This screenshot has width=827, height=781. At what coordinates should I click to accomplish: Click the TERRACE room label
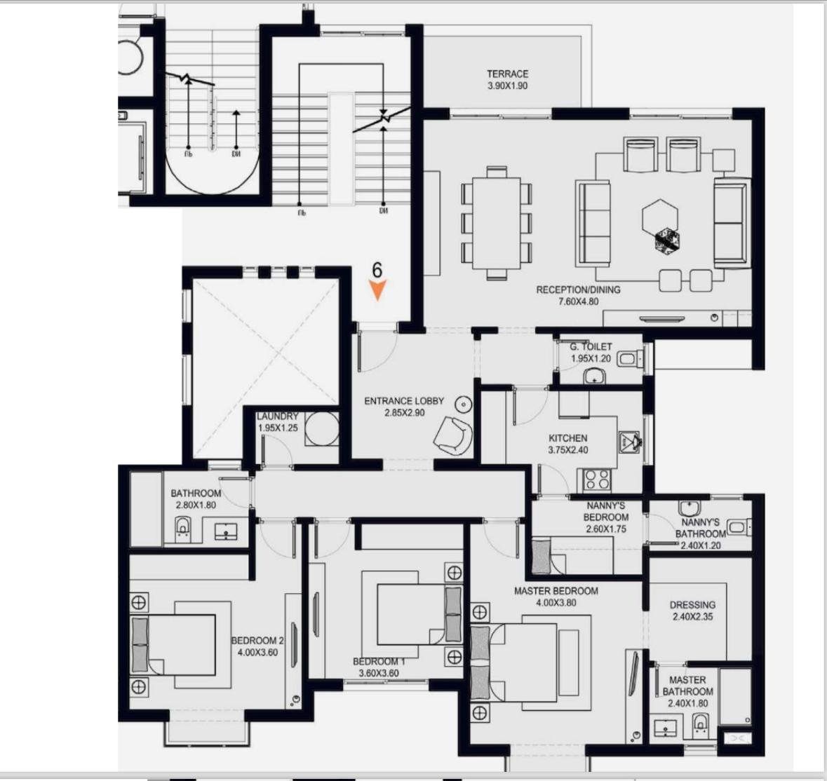pyautogui.click(x=507, y=74)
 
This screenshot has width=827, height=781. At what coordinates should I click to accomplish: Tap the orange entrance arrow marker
pyautogui.click(x=377, y=290)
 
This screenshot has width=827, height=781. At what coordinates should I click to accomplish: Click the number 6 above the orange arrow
pyautogui.click(x=377, y=271)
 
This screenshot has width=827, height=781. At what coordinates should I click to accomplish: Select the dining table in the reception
pyautogui.click(x=497, y=222)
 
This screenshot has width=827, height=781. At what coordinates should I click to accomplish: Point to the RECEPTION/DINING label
pyautogui.click(x=578, y=290)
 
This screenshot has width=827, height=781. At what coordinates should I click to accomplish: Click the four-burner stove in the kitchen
pyautogui.click(x=597, y=480)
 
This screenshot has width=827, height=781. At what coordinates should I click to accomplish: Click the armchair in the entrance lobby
pyautogui.click(x=453, y=434)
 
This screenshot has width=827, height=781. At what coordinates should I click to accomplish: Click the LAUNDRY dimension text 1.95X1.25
pyautogui.click(x=278, y=428)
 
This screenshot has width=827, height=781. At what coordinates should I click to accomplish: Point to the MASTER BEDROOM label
pyautogui.click(x=556, y=591)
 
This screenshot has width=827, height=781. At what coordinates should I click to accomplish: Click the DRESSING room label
pyautogui.click(x=692, y=604)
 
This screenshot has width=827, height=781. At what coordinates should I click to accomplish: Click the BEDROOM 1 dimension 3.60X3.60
pyautogui.click(x=379, y=673)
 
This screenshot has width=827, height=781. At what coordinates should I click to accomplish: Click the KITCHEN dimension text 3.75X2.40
pyautogui.click(x=568, y=450)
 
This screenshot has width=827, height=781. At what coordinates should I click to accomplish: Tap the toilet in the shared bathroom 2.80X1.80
pyautogui.click(x=182, y=529)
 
